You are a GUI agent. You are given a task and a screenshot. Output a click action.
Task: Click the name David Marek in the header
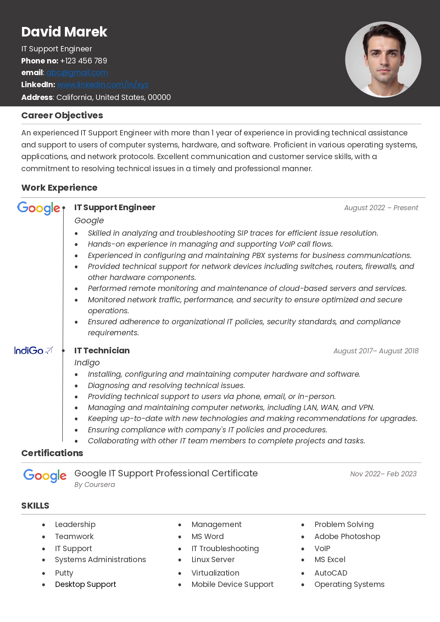[x=64, y=32]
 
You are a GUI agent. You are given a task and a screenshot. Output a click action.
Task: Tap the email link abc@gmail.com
[x=77, y=73]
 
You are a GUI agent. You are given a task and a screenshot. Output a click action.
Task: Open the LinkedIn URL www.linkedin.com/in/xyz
[x=103, y=85]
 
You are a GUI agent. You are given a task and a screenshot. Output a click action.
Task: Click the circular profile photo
[x=383, y=60]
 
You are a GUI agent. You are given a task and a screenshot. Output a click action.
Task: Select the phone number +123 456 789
[x=84, y=61]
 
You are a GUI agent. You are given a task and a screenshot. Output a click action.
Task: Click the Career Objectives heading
[x=62, y=116]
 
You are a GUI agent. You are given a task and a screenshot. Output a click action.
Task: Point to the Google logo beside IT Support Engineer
[x=39, y=208]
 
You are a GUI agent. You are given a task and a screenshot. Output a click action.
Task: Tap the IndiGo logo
[x=33, y=351]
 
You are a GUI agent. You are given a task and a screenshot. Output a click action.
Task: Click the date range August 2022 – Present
[x=381, y=208]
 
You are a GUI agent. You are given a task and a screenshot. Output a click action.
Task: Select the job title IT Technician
[x=102, y=351]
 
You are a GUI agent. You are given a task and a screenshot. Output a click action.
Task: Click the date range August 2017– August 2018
[x=376, y=351]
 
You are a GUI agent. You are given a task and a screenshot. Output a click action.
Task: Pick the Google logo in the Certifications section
[x=45, y=476]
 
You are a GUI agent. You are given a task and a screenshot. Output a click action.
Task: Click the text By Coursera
[x=95, y=484]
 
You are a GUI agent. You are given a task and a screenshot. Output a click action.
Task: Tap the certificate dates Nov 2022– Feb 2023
[x=383, y=474]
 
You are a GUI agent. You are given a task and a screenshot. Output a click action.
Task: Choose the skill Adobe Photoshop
[x=347, y=537]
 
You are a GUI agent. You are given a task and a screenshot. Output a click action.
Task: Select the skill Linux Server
[x=213, y=560]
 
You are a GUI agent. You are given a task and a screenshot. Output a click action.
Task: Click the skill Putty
[x=64, y=573]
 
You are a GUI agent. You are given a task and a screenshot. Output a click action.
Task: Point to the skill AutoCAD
[x=331, y=573]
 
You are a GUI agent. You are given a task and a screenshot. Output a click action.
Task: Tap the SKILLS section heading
[x=35, y=506]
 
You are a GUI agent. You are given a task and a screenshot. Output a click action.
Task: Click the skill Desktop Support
[x=85, y=584]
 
